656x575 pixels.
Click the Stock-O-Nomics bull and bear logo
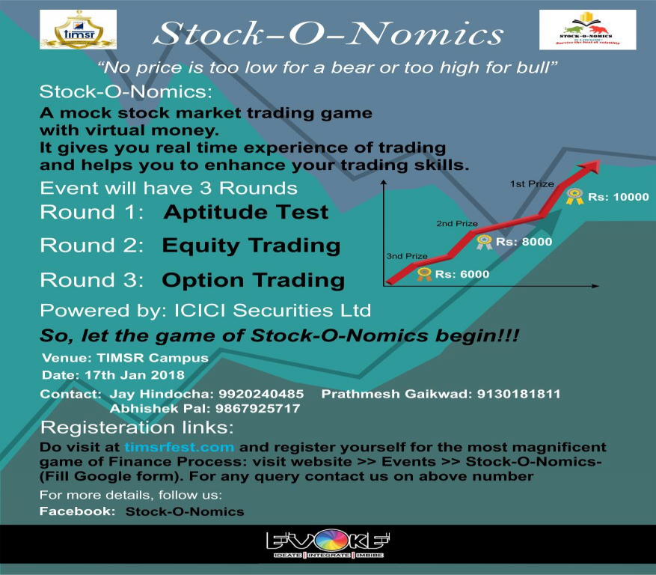click(x=587, y=31)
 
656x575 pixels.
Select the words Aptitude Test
click(x=245, y=212)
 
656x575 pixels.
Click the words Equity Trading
click(x=251, y=246)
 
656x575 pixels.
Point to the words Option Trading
click(x=253, y=280)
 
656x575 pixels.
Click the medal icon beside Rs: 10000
click(x=574, y=197)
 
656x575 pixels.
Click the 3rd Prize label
click(x=407, y=256)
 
